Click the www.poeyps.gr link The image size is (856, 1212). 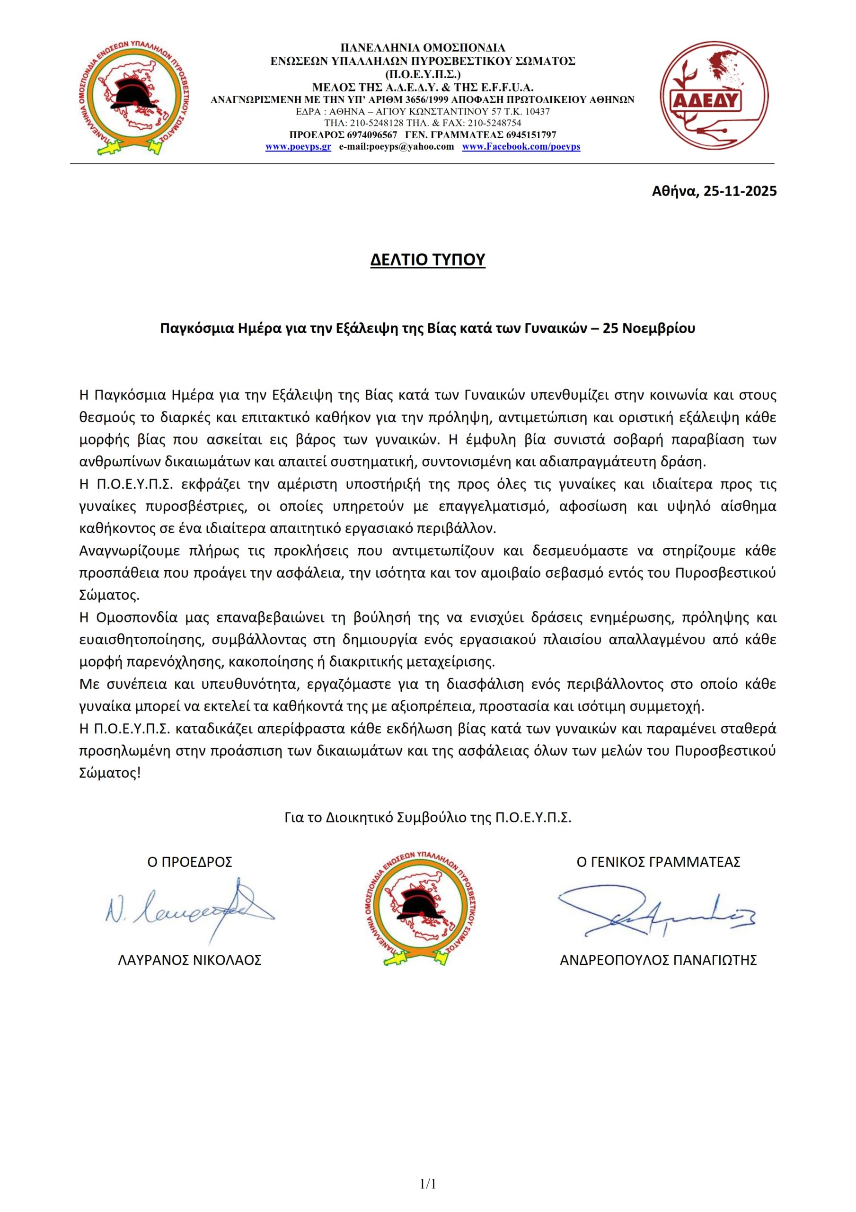tap(298, 147)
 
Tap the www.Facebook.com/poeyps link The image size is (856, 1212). tap(521, 147)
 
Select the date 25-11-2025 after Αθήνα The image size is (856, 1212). tap(740, 191)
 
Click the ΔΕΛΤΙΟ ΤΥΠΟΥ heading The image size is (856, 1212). tap(427, 260)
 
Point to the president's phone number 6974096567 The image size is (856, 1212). tap(372, 135)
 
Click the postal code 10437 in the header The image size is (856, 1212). tap(538, 112)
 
